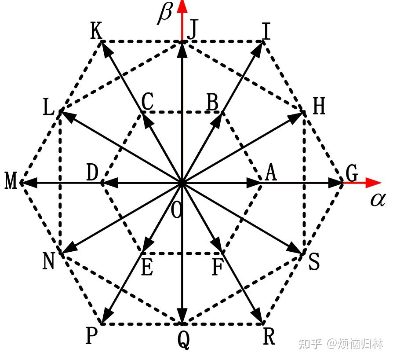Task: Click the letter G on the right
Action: point(352,174)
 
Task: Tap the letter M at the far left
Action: point(11,181)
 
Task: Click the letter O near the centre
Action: point(176,211)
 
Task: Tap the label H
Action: point(319,107)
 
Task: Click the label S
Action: point(314,263)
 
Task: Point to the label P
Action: point(91,337)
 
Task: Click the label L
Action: point(48,108)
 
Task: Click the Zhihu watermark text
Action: point(341,344)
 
